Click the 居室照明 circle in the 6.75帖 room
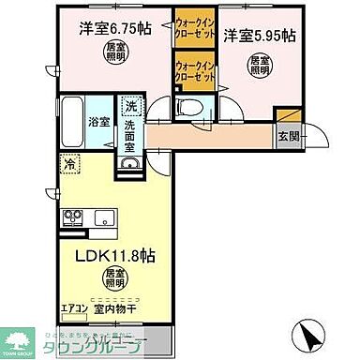pos(112,52)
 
